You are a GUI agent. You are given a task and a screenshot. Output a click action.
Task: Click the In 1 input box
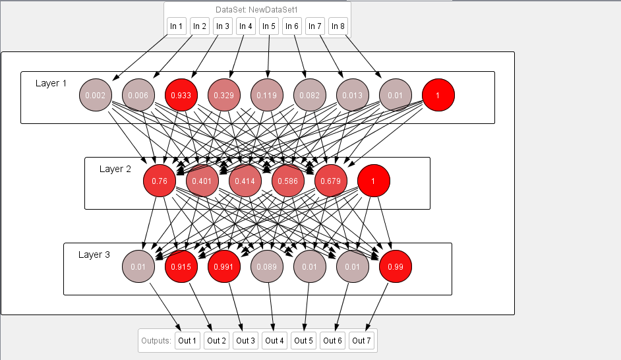[177, 26]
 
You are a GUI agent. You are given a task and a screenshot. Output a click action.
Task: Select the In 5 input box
[268, 26]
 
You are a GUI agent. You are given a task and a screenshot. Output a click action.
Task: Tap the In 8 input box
[338, 26]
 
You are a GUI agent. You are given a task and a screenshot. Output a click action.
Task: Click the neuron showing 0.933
[181, 96]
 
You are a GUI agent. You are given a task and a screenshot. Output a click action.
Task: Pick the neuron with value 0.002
[96, 96]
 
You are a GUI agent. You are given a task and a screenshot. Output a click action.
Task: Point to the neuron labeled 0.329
[224, 96]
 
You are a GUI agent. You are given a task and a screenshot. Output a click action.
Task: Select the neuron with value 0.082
[310, 96]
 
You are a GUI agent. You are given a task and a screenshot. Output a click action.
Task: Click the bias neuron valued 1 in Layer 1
[438, 96]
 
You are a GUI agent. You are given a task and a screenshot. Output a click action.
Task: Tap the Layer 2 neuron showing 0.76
[160, 181]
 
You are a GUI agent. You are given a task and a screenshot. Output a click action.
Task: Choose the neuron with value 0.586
[287, 181]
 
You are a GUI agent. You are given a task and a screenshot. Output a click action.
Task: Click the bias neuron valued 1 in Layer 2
[374, 181]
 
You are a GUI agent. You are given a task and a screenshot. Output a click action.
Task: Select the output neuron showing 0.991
[224, 267]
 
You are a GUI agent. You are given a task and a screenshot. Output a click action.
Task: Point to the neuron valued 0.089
[267, 267]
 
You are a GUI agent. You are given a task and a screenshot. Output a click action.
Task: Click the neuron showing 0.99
[396, 267]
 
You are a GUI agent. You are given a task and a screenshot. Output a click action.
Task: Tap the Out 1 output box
[187, 341]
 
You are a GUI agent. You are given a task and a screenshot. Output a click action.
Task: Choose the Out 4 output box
[274, 341]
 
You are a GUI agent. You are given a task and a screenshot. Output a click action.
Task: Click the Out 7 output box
[361, 341]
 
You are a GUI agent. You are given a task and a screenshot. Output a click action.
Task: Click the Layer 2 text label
[115, 169]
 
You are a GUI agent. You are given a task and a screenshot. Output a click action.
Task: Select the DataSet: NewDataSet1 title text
[257, 10]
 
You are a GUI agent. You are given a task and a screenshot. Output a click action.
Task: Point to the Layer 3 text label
[94, 255]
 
